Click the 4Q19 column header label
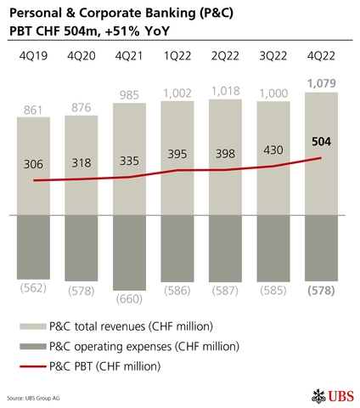(33, 56)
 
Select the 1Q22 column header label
(177, 56)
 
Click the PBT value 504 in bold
(321, 142)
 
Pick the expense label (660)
(129, 299)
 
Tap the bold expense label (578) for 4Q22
(321, 290)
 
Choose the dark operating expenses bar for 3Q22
(273, 246)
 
